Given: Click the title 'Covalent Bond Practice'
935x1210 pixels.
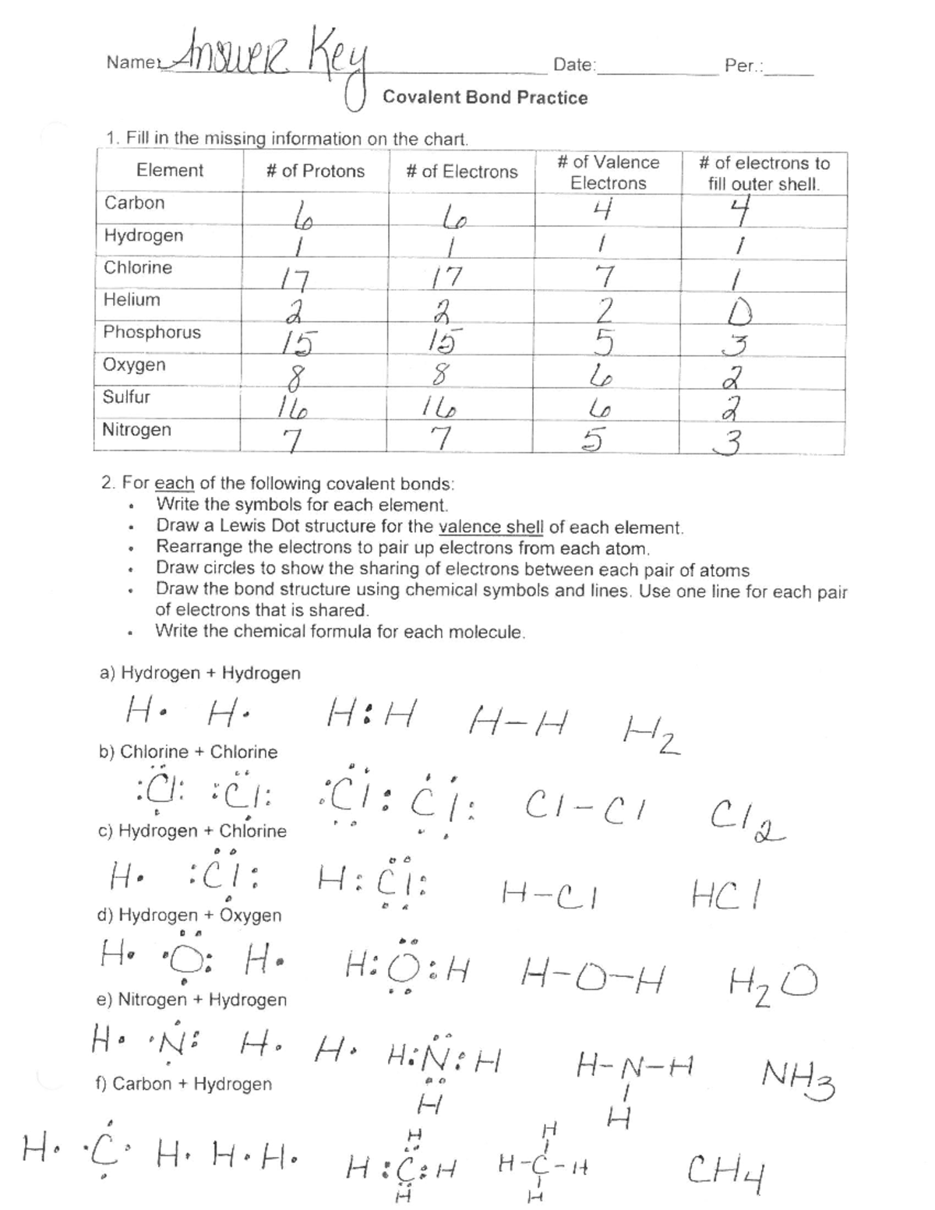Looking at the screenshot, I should [x=485, y=97].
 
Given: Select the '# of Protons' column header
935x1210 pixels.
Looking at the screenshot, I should [x=315, y=171].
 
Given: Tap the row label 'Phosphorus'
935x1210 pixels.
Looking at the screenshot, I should [x=152, y=333].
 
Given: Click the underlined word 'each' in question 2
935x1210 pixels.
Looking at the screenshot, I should [x=174, y=483].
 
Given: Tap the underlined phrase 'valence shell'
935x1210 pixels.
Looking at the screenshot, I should [x=491, y=527].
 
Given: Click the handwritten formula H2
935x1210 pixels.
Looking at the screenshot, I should [x=651, y=734].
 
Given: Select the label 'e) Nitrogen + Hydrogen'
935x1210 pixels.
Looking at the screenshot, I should [x=192, y=1000].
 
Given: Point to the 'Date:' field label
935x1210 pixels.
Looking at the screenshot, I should [x=574, y=65].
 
